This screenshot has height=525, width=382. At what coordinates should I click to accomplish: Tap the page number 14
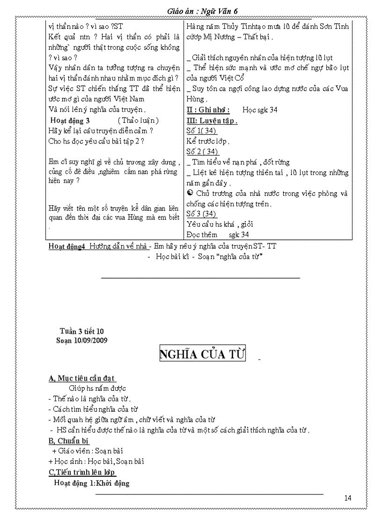click(347, 497)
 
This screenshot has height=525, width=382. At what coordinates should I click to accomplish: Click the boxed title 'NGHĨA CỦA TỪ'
click(202, 354)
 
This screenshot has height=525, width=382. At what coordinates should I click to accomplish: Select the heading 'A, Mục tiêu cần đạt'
click(82, 378)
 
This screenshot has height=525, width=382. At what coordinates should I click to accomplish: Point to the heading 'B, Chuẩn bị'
click(68, 440)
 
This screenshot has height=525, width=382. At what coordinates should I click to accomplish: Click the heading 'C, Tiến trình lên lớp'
click(82, 472)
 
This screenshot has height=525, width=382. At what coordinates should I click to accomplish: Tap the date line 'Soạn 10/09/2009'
click(81, 340)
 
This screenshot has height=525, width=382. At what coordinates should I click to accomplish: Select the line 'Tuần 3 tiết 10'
click(81, 331)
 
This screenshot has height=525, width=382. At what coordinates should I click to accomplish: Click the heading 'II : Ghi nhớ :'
click(208, 109)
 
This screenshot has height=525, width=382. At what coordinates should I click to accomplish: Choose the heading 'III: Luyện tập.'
click(212, 121)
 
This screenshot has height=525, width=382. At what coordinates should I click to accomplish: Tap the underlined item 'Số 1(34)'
click(201, 130)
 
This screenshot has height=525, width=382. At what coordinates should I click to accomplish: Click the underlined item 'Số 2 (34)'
click(202, 151)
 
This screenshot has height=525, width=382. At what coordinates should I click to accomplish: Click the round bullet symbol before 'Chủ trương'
click(190, 194)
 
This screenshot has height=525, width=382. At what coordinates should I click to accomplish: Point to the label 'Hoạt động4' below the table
click(66, 246)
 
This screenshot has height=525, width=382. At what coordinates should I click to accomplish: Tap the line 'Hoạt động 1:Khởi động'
click(92, 483)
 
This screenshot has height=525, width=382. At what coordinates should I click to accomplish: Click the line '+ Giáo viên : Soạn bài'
click(88, 451)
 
